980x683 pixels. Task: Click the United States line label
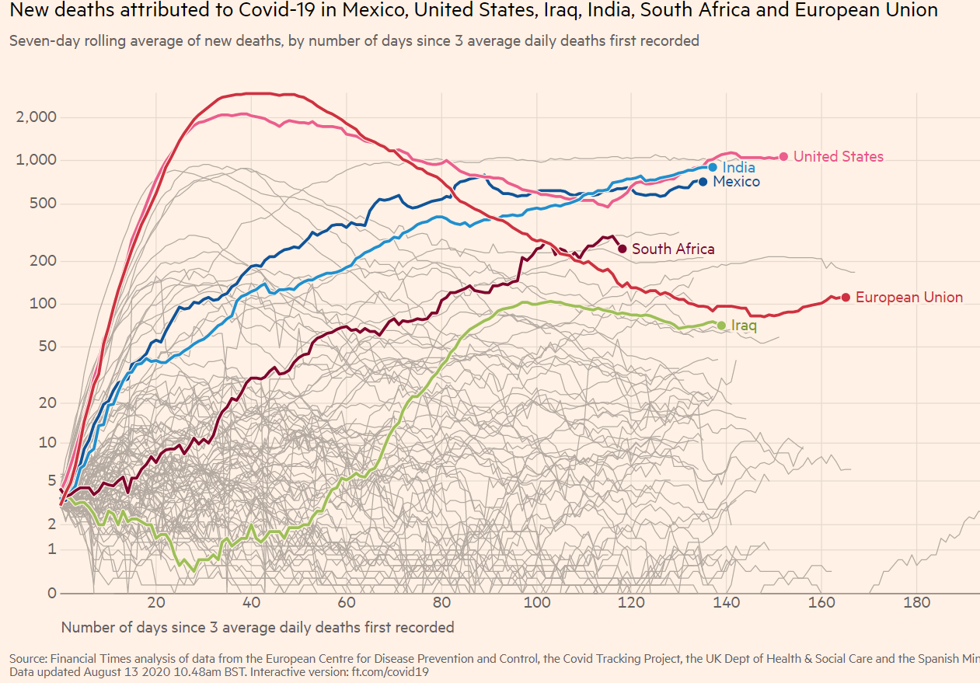(838, 156)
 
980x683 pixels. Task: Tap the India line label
(738, 167)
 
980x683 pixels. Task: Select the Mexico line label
(736, 181)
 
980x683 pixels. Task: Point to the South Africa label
(673, 249)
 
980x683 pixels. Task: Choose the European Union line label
(909, 297)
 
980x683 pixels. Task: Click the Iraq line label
(744, 326)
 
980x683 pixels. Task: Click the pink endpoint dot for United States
(783, 156)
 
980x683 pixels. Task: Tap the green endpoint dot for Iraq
(721, 326)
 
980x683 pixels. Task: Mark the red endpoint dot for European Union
(846, 297)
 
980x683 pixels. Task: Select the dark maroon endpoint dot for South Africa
(622, 249)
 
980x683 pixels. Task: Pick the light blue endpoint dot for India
(713, 167)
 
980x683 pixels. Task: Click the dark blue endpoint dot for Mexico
(703, 181)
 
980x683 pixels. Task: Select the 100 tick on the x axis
(536, 603)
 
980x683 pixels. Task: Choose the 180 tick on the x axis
(917, 603)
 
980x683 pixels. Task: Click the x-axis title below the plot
(257, 627)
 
